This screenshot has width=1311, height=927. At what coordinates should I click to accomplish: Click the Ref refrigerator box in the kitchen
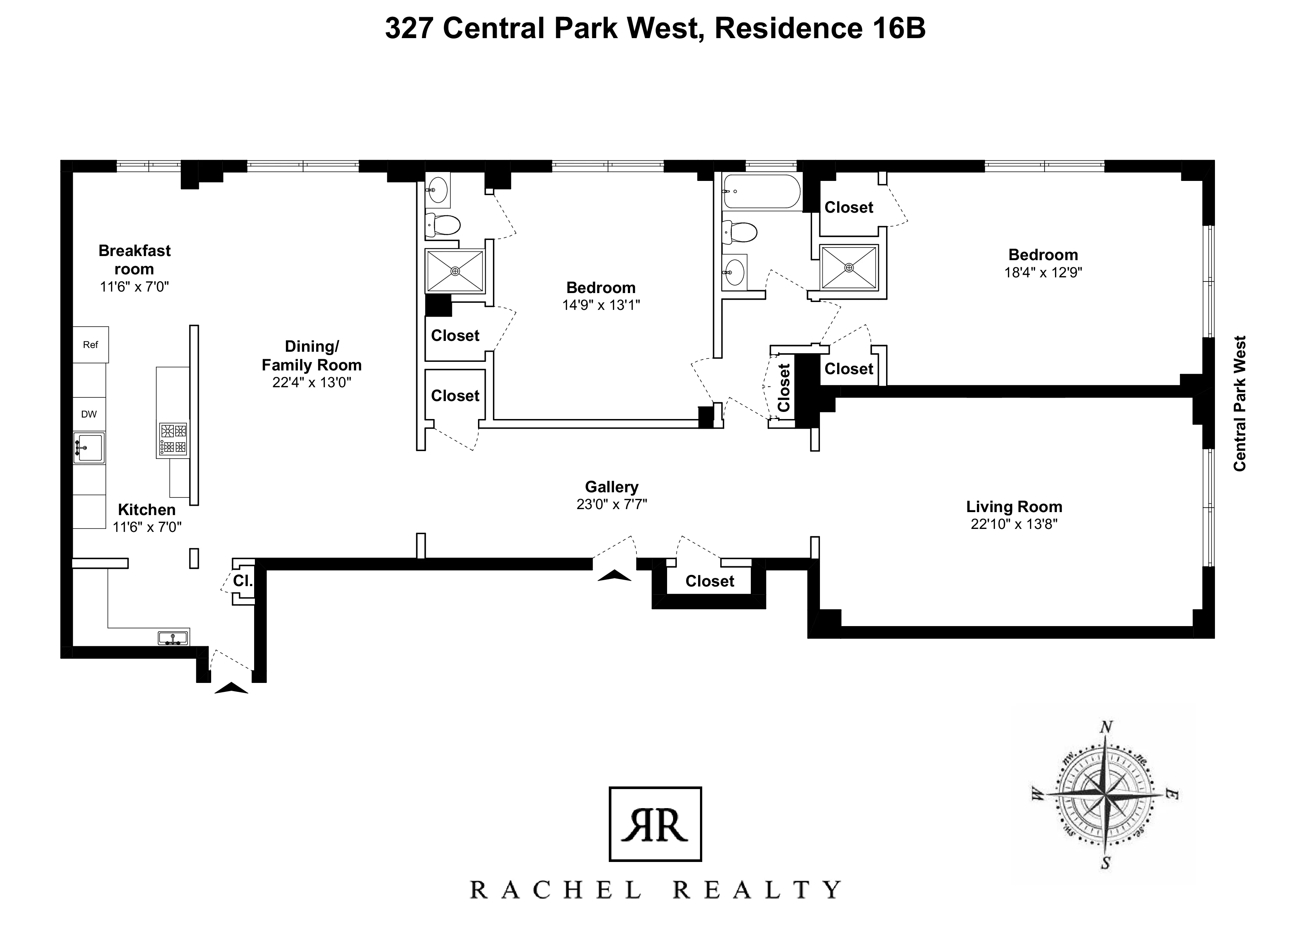(90, 344)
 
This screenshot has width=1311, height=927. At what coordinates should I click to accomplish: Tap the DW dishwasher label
(89, 414)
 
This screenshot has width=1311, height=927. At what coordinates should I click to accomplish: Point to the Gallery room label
(611, 487)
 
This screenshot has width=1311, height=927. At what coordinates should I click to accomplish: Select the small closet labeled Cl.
(242, 581)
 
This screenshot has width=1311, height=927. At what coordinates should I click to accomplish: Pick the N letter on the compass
(1106, 727)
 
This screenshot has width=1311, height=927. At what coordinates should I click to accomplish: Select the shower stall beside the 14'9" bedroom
(454, 271)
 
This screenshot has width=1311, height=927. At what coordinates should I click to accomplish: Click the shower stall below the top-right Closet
(848, 267)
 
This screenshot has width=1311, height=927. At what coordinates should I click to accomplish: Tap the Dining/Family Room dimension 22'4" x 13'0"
(311, 382)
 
